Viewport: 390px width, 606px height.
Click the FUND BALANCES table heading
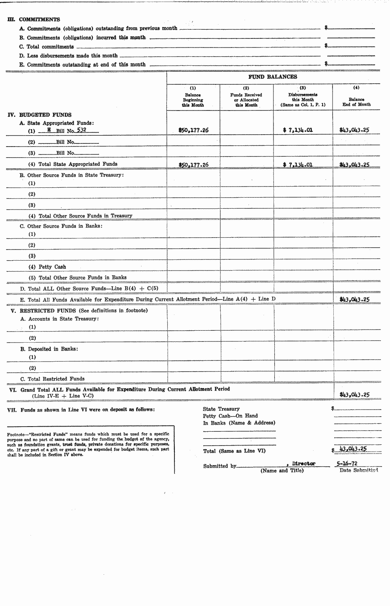[273, 77]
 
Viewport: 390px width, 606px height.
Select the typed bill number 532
[81, 130]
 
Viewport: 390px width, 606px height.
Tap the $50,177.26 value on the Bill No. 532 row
[193, 130]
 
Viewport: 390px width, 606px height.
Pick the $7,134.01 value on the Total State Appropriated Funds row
[298, 164]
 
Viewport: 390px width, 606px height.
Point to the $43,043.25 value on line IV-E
[354, 299]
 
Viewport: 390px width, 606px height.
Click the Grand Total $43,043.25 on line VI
[354, 394]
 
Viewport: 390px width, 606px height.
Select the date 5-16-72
[346, 463]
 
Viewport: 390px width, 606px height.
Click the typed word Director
[304, 463]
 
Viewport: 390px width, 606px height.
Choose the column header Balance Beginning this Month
[193, 100]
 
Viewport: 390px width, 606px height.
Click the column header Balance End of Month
[356, 102]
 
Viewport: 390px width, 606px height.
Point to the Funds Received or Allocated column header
[246, 100]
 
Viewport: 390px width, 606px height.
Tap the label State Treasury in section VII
[221, 409]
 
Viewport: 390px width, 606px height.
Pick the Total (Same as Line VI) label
[234, 451]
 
